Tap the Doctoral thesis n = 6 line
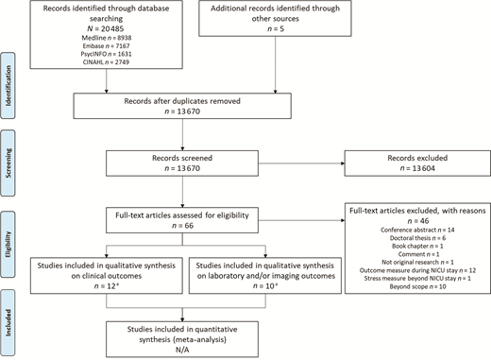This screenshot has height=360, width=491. click(x=412, y=238)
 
